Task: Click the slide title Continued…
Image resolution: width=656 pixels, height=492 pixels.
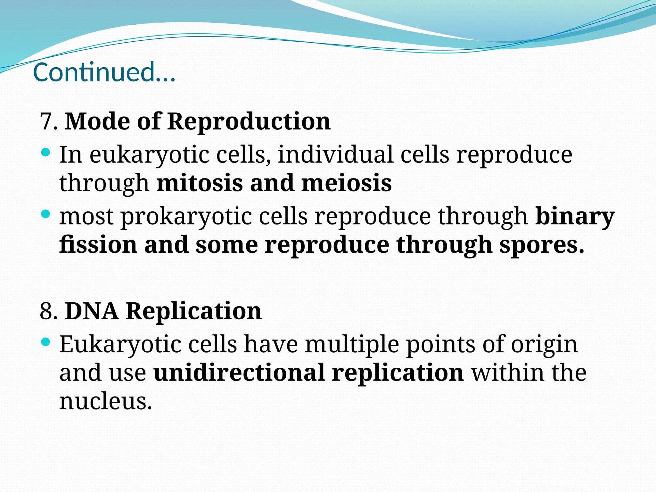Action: [104, 72]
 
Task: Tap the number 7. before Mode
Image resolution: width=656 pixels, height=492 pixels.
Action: [49, 122]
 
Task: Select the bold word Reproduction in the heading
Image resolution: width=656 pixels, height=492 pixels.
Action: [249, 122]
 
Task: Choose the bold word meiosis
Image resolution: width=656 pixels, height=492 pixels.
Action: [347, 183]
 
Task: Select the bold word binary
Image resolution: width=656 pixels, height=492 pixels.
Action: [575, 217]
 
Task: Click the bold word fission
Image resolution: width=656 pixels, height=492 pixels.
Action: [98, 245]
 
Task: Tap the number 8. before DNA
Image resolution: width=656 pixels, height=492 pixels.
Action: [49, 311]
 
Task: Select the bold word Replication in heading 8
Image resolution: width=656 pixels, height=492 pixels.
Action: [193, 311]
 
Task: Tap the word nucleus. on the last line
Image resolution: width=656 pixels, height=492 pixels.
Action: [105, 401]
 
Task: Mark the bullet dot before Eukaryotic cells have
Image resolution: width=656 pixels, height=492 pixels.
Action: [46, 342]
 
